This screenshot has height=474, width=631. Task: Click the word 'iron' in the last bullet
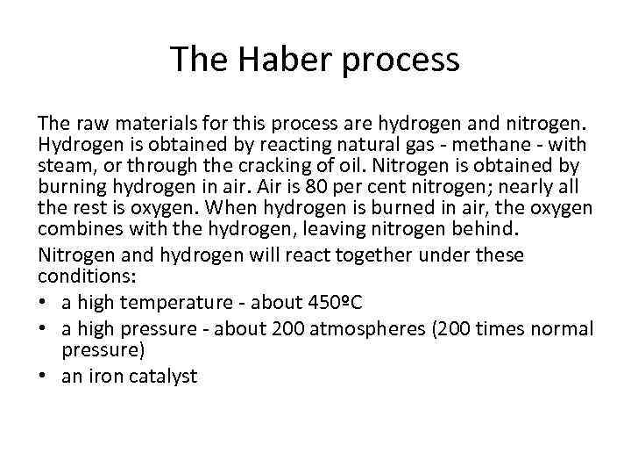(x=100, y=377)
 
